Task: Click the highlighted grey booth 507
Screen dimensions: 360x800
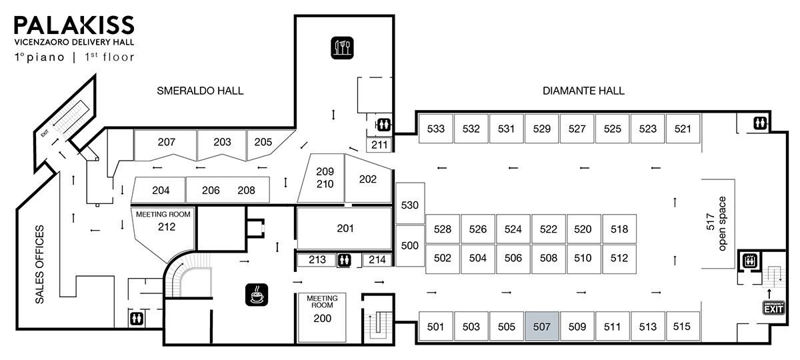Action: click(x=541, y=327)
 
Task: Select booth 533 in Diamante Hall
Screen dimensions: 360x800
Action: click(x=435, y=129)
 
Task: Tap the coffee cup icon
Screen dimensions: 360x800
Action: click(x=255, y=294)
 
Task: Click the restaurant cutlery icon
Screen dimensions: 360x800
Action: click(x=343, y=47)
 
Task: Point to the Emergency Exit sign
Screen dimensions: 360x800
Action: click(x=773, y=308)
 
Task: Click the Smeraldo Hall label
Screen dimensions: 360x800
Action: click(x=200, y=91)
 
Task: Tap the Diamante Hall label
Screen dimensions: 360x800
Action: click(x=584, y=91)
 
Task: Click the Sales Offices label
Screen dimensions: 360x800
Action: click(x=39, y=265)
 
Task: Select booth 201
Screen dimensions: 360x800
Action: click(x=344, y=229)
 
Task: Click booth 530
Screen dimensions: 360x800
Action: click(x=409, y=204)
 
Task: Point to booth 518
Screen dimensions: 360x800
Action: click(x=619, y=229)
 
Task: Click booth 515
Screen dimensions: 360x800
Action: click(x=682, y=327)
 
